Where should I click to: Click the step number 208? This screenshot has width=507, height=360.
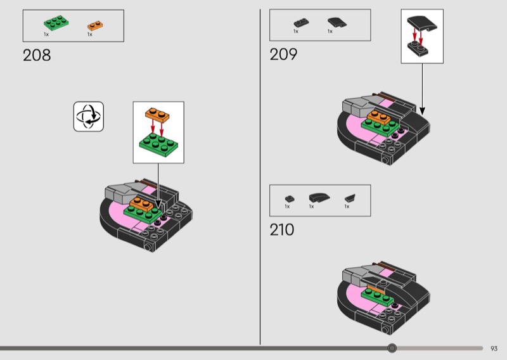tap(37, 55)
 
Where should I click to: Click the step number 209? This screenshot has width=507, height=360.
tap(283, 55)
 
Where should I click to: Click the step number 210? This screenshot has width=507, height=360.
tap(282, 229)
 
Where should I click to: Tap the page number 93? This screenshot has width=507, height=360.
tap(494, 348)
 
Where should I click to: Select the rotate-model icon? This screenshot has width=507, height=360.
tap(89, 116)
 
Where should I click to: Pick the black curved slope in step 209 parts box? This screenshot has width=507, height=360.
tap(334, 22)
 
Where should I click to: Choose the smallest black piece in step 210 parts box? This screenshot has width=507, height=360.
tap(289, 198)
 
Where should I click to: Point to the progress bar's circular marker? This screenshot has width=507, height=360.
tap(392, 348)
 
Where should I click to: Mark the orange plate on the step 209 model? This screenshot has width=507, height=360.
tap(378, 116)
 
